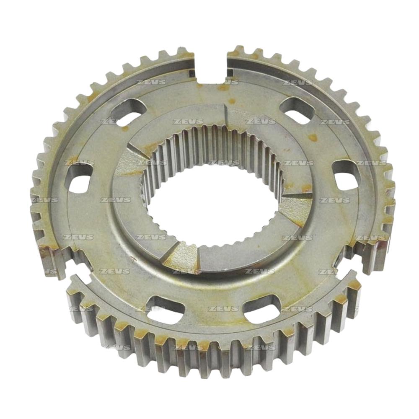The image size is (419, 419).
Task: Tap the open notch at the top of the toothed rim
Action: [x=211, y=67]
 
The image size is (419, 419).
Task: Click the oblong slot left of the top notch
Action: [x=128, y=112]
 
